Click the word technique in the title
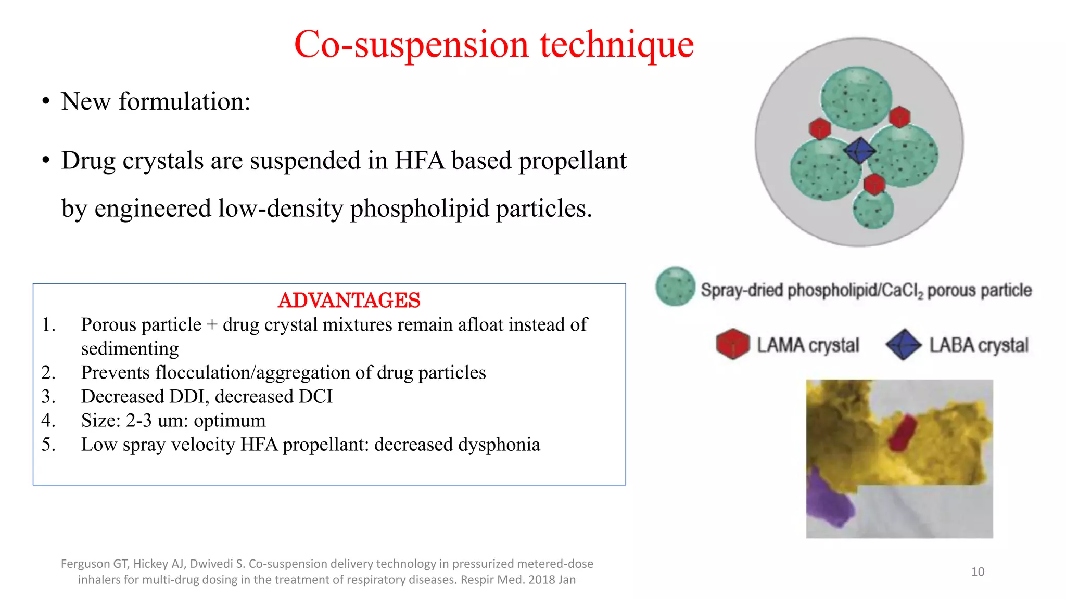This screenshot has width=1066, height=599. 616,45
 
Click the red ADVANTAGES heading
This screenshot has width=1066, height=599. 349,301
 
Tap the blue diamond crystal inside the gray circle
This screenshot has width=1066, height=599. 859,150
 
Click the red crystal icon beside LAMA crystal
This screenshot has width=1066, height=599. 732,344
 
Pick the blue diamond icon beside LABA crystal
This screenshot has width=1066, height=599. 904,345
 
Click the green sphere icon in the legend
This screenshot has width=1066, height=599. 675,287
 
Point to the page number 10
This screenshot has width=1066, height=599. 978,572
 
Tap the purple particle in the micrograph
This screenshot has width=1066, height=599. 828,499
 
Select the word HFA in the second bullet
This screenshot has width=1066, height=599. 420,161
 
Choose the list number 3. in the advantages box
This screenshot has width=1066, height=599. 48,397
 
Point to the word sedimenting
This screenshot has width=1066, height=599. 130,349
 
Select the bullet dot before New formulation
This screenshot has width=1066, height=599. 46,102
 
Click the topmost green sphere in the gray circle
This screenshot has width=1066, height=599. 856,98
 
